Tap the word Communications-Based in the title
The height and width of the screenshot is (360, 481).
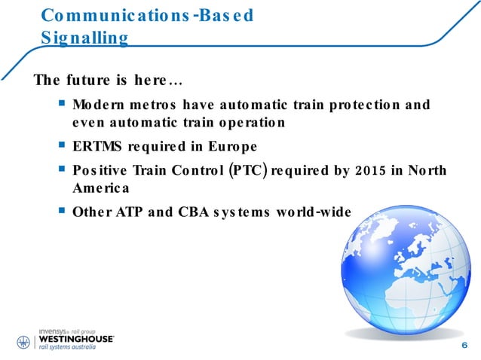[x=146, y=16]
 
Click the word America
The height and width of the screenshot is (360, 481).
[x=101, y=188]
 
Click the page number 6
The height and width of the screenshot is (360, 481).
[x=462, y=345]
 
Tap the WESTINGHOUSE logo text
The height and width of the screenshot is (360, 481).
[x=75, y=340]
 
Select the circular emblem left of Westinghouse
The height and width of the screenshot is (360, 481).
[x=23, y=341]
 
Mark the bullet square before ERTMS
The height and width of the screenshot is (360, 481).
[x=61, y=145]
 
